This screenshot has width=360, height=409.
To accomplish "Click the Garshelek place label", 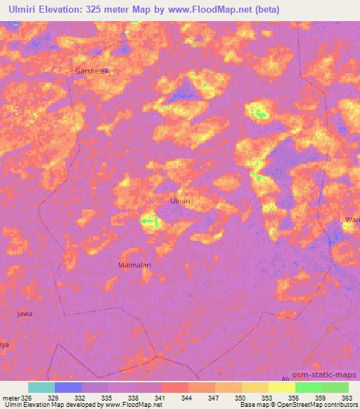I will [94, 72].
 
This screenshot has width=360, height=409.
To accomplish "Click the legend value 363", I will [347, 397].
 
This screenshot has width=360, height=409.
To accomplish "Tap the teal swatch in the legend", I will [41, 387].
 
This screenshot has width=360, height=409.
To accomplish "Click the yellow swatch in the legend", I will [281, 387].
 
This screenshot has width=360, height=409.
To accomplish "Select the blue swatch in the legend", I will [68, 387].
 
